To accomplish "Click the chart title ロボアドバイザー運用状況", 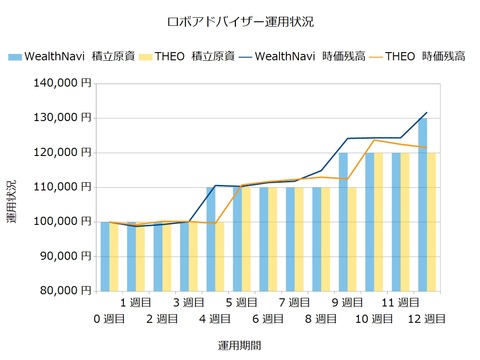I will tap(240, 21).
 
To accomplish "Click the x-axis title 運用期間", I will tap(240, 344).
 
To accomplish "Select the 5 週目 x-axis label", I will tap(243, 301).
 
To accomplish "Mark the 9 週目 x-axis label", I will tap(348, 301).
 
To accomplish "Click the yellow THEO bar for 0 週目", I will tap(114, 256).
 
